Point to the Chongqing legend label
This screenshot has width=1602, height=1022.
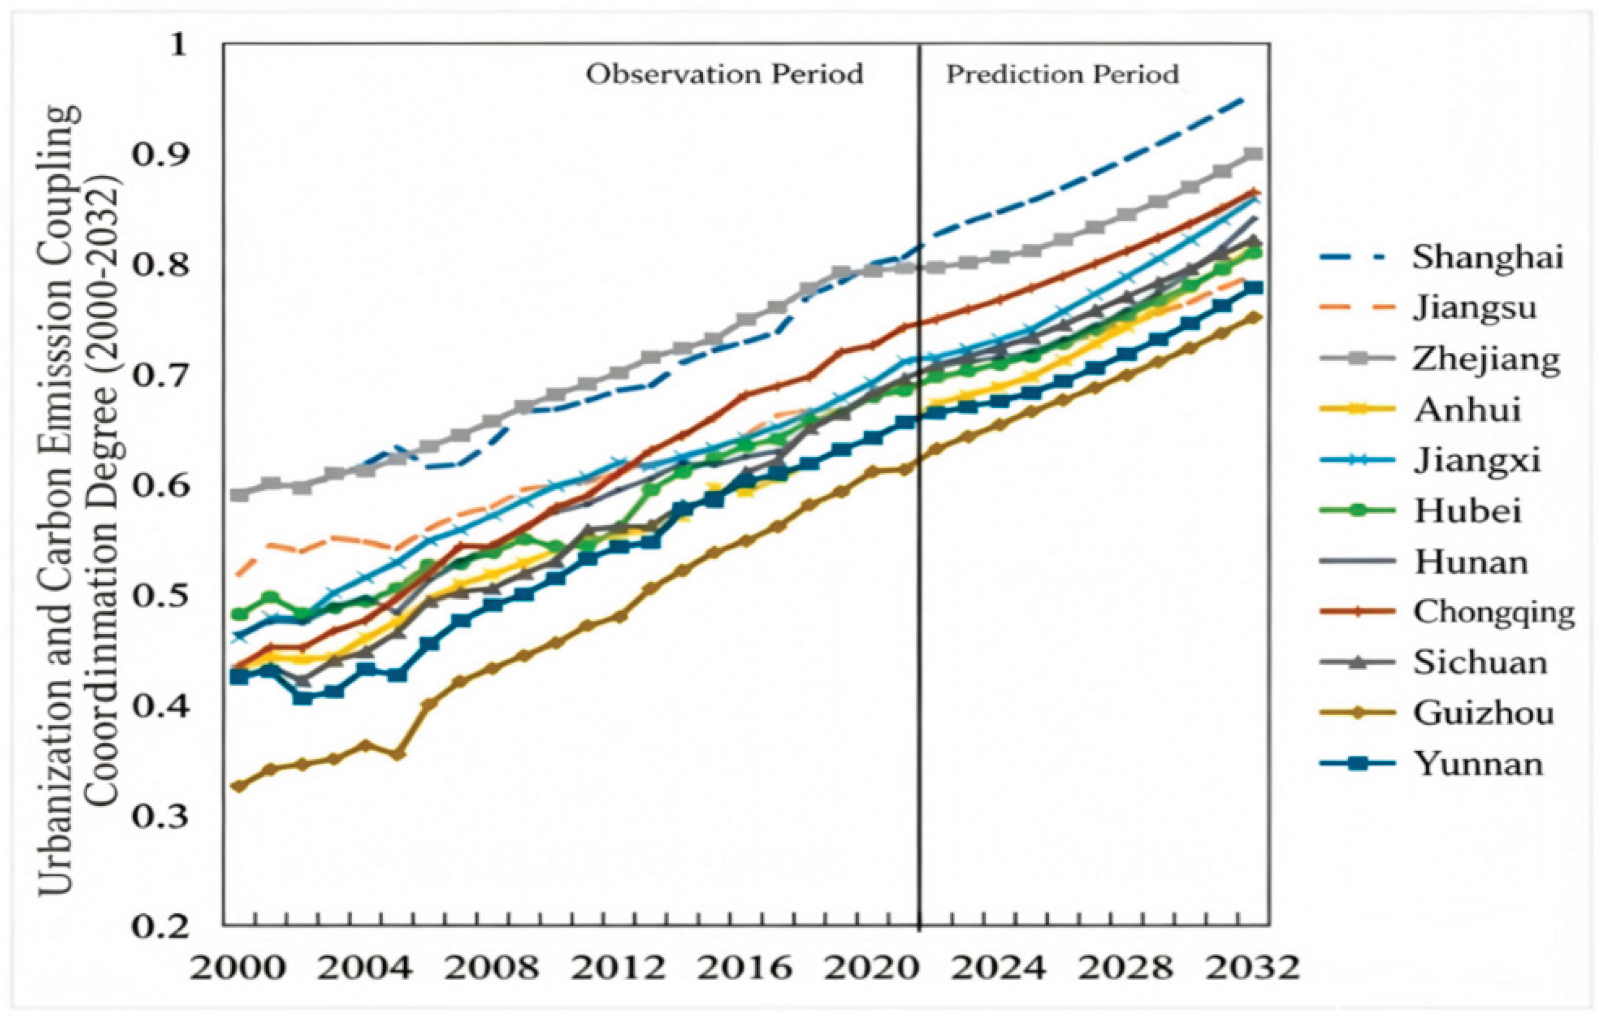coord(1494,613)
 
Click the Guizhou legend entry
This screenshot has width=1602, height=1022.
coord(1484,714)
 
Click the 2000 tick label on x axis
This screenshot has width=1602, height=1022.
coord(237,969)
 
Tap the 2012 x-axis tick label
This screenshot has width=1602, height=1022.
coord(619,969)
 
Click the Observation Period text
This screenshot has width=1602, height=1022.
coord(724,74)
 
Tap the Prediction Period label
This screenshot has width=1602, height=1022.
coord(1062,74)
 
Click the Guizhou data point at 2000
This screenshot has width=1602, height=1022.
coord(238,786)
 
